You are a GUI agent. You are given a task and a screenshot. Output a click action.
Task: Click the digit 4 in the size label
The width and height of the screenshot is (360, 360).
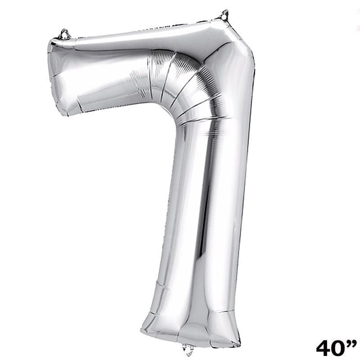point(324,348)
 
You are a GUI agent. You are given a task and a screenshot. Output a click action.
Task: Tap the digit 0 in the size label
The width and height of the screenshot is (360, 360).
point(341,348)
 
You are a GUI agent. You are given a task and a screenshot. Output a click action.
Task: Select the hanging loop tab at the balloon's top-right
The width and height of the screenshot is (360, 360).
point(224,15)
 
